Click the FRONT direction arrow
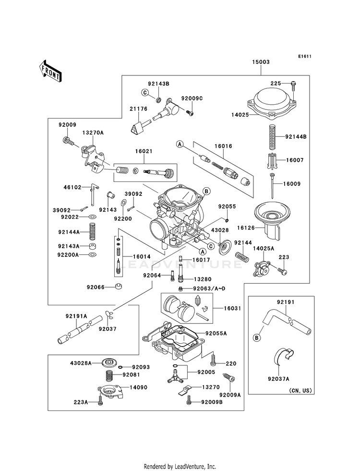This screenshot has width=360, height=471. tap(50, 71)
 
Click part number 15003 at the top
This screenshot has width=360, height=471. tap(261, 62)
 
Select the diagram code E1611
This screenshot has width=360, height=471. tap(305, 56)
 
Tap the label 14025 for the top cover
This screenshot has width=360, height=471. tap(240, 114)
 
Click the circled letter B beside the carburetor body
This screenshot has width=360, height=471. tap(206, 191)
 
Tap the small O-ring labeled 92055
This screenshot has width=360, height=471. tap(227, 221)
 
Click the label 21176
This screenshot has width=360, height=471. tap(138, 109)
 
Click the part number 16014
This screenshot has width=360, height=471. tap(142, 256)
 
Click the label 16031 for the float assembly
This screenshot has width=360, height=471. tap(232, 308)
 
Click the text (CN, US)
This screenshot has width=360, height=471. tap(300, 391)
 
